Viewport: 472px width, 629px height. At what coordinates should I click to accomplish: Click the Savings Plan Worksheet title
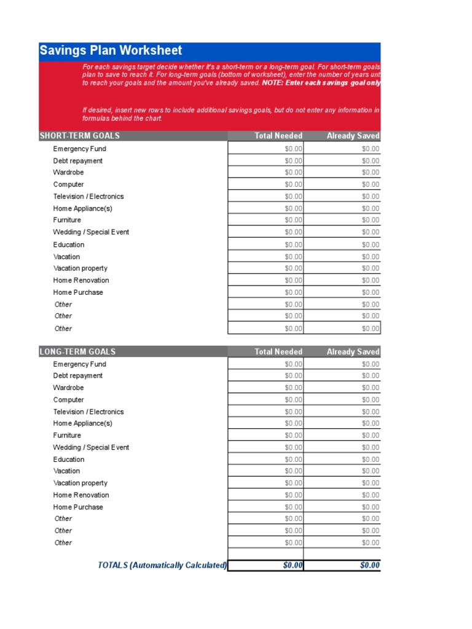(111, 51)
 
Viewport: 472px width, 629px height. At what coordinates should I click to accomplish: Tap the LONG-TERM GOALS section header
(77, 352)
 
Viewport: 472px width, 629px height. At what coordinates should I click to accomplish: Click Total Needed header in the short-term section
(278, 136)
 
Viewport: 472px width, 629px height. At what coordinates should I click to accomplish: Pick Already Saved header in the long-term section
(353, 352)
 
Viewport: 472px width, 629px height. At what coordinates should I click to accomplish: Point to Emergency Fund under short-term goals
(79, 149)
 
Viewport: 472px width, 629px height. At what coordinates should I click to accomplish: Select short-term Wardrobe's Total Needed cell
(265, 173)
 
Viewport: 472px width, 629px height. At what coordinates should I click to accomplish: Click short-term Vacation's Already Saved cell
(342, 257)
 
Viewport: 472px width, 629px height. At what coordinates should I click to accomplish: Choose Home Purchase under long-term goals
(78, 507)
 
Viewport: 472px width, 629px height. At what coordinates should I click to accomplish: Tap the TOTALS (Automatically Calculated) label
(162, 565)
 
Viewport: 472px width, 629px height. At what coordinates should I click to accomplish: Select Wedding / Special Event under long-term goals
(91, 448)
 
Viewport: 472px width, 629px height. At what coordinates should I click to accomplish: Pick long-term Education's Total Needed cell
(265, 459)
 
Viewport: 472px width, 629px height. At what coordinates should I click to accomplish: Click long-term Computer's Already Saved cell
(342, 400)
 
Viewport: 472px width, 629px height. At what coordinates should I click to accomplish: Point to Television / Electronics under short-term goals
(88, 197)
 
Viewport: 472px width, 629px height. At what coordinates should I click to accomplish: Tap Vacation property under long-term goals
(80, 483)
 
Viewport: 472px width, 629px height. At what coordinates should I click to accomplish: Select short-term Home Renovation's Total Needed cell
(265, 281)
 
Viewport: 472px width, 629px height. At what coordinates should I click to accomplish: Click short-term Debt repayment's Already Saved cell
(342, 161)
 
